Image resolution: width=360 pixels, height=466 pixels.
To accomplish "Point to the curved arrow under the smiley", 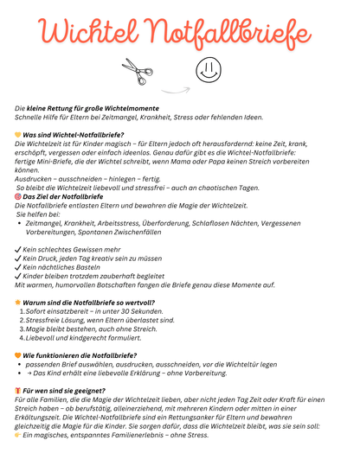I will pos(177,88).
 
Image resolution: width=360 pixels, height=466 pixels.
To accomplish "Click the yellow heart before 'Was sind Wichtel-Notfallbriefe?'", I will pos(18,135).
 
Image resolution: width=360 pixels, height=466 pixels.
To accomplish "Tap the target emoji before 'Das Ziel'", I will pos(18,196).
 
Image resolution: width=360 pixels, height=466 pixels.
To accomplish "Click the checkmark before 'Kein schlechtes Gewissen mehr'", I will pos(18,249).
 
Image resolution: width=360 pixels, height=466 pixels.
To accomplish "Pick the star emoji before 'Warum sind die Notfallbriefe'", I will pos(18,303).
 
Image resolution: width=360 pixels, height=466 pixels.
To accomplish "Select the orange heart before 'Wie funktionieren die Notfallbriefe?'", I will pos(18,355).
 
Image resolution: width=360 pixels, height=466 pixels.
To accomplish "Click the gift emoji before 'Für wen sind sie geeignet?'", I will pos(18,391).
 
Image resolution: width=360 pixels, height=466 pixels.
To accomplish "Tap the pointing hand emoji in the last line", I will pos(18,435).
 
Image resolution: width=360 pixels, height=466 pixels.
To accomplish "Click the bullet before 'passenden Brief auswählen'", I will pos(20,365).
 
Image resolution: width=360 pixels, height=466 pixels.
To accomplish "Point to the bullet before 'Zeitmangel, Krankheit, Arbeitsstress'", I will pos(20,223).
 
